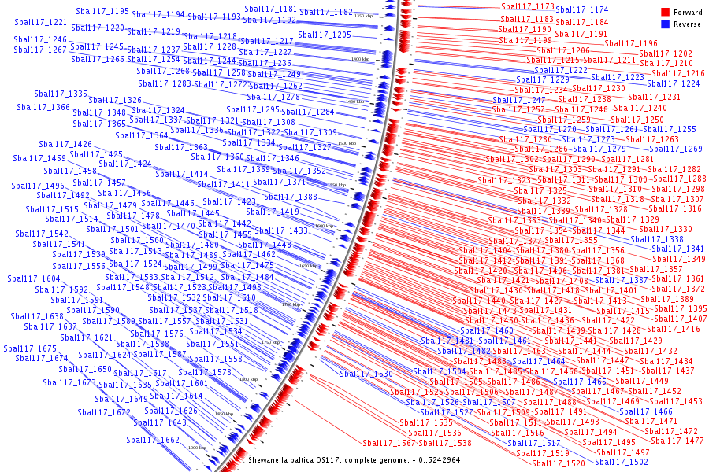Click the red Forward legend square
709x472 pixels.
pos(665,13)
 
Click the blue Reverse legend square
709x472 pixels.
pos(665,24)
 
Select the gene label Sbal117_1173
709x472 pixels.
pos(528,7)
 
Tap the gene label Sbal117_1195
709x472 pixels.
pos(103,12)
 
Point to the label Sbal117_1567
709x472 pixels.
pos(388,443)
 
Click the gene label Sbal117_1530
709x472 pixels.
pos(366,374)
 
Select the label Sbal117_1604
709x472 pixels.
pos(34,279)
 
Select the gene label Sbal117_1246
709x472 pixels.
pos(40,40)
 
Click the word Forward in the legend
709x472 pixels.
pos(688,13)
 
